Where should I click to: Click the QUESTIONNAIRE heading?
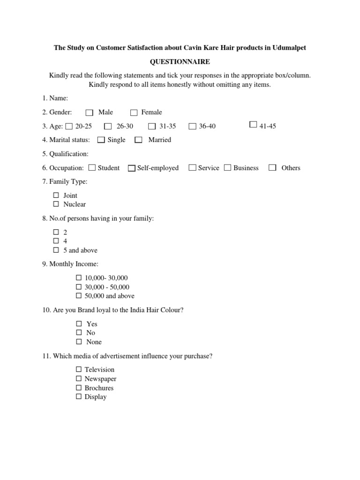point(180,62)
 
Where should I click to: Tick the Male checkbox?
point(90,112)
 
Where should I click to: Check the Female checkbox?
point(134,112)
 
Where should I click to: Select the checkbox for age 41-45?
point(253,125)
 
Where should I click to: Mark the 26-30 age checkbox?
point(108,126)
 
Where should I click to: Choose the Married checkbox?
point(138,140)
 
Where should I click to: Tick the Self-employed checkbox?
point(132,168)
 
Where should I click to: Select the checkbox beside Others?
point(272,168)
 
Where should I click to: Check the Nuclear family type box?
point(56,204)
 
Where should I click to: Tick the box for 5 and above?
point(56,250)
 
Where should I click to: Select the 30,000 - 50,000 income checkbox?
point(79,287)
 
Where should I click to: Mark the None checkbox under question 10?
point(79,342)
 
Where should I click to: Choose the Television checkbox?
point(79,369)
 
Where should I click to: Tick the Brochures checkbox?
point(79,388)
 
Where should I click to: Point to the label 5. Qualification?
point(65,154)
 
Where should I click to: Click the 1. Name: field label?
point(55,98)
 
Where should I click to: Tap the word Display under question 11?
point(96,397)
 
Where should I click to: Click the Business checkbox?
point(227,168)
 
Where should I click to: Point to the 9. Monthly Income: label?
point(70,264)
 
